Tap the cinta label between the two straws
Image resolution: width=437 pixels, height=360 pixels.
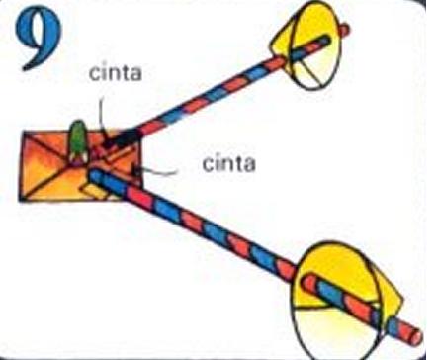227,162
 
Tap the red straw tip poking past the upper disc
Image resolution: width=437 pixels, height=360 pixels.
341,27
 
